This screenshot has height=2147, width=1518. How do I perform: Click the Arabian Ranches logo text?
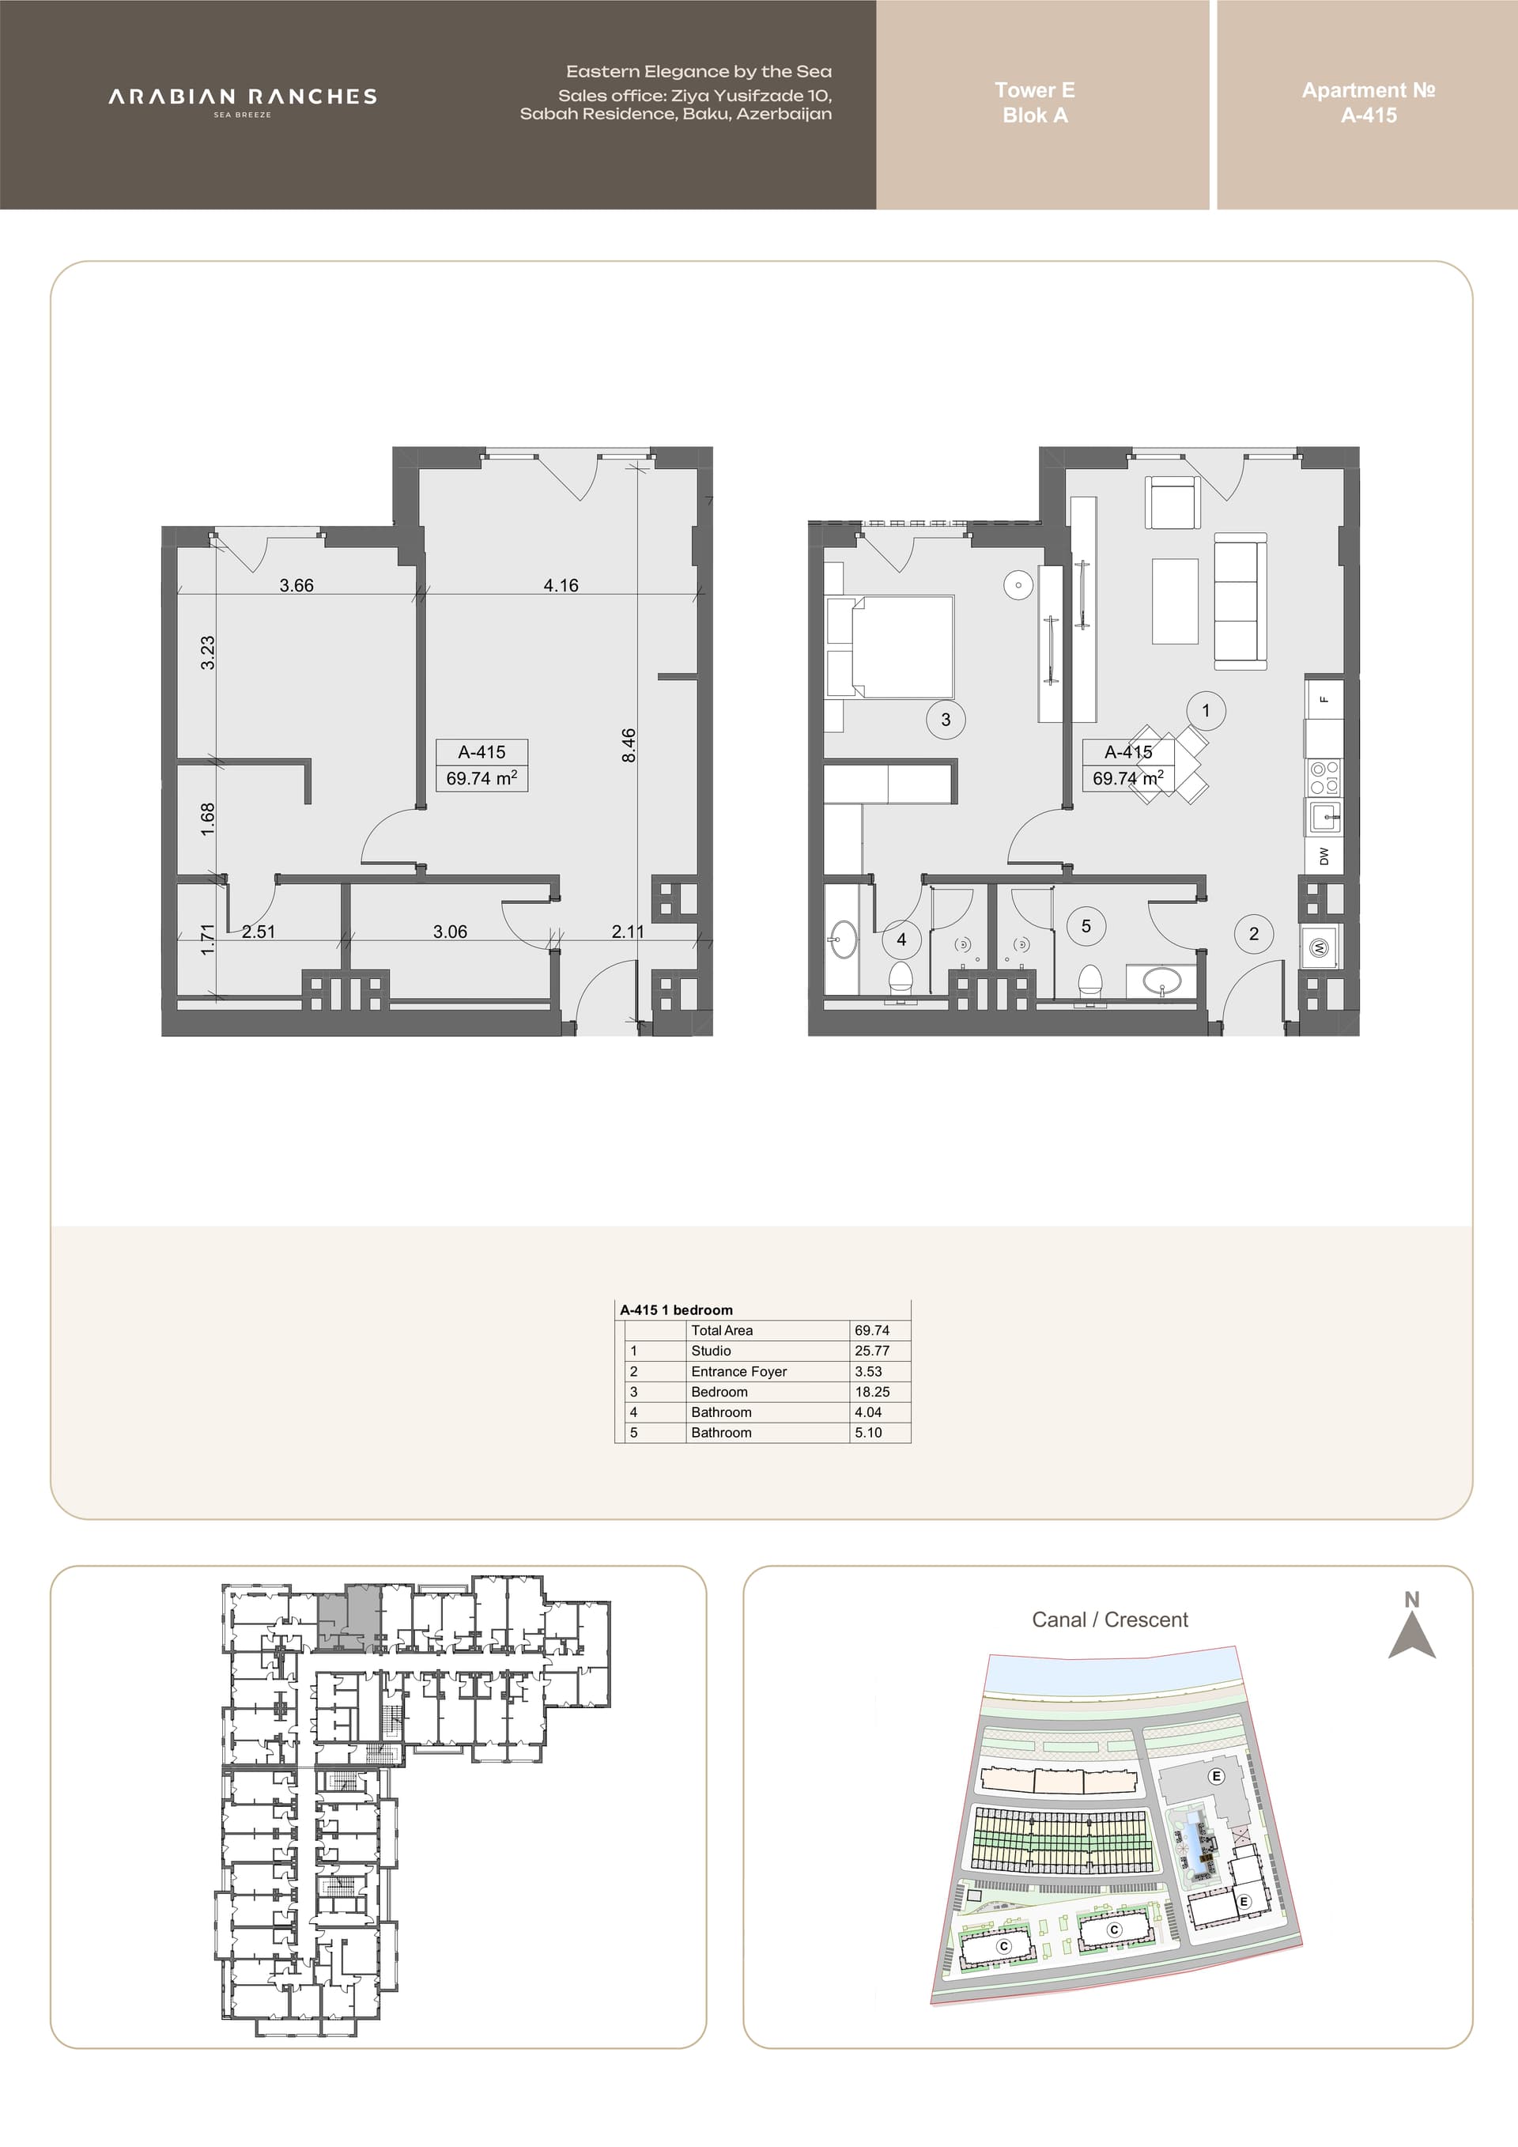pos(242,97)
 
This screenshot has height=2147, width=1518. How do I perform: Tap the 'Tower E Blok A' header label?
pos(1035,103)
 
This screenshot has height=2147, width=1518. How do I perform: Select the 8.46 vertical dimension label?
pos(629,745)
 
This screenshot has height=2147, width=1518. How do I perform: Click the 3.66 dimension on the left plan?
pos(296,585)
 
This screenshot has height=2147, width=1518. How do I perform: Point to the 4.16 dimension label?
pos(561,585)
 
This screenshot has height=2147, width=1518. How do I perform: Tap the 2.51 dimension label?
pos(258,932)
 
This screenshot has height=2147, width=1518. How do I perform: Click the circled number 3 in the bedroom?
pos(946,719)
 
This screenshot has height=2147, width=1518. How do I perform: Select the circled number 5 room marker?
pos(1086,926)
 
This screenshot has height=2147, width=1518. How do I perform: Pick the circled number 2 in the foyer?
pos(1253,933)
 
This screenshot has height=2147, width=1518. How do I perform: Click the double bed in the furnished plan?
pos(890,647)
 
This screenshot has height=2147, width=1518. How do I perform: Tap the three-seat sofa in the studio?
pos(1240,601)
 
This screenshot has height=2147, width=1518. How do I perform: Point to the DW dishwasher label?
pos(1324,856)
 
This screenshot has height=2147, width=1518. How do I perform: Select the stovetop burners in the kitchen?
pos(1324,777)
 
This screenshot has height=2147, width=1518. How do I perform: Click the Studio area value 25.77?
pos(871,1351)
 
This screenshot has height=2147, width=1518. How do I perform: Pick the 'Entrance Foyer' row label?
pos(738,1371)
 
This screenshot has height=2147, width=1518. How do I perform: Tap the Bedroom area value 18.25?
pos(871,1392)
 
